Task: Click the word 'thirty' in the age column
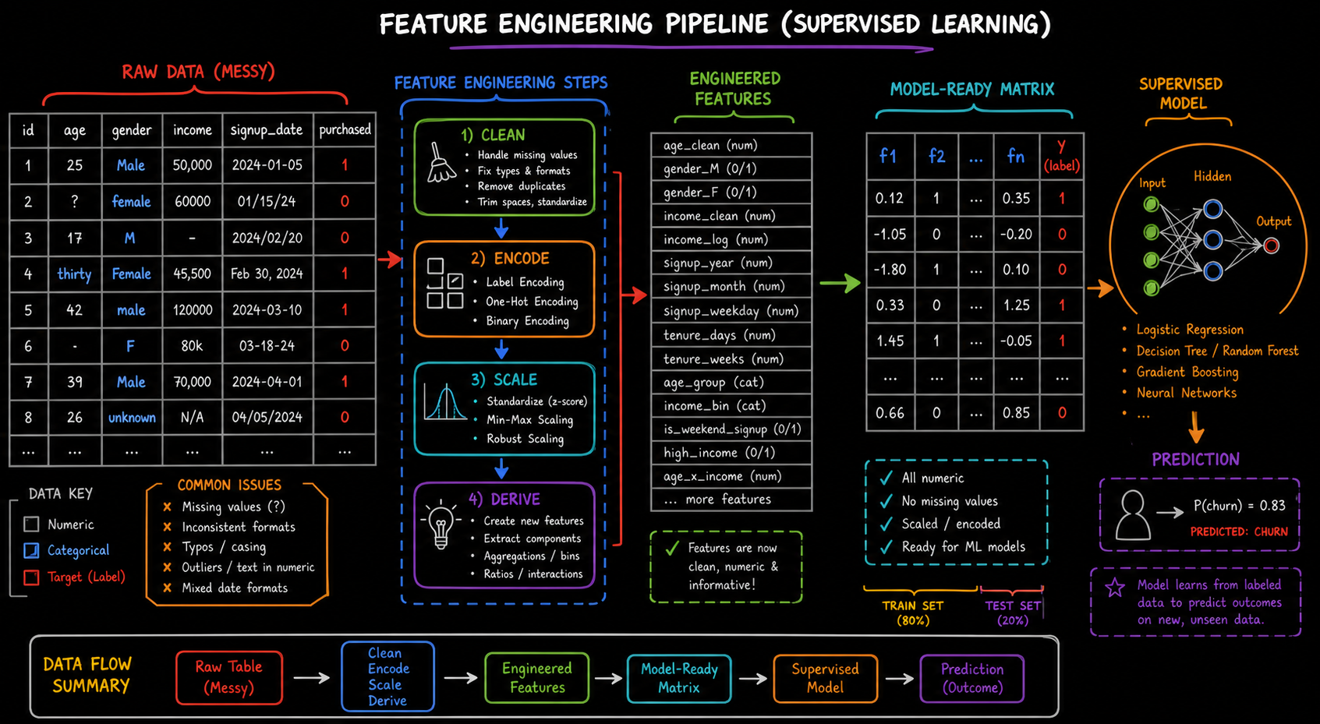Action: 74,274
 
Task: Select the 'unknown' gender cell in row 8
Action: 132,417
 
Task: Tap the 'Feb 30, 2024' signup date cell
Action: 267,274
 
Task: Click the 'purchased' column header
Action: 345,129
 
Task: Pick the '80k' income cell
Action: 192,346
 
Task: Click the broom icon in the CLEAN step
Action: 441,162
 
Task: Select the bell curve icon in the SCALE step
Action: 445,402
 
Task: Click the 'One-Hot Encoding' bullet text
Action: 532,302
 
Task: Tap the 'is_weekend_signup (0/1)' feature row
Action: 731,429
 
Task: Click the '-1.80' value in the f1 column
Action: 890,270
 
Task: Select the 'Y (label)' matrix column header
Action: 1061,157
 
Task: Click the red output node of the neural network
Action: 1271,245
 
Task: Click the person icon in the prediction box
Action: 1133,515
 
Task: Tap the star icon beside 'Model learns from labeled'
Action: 1115,588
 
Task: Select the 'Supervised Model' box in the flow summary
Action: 825,679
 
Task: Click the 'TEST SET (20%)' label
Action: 1013,613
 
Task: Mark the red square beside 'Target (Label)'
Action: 31,577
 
